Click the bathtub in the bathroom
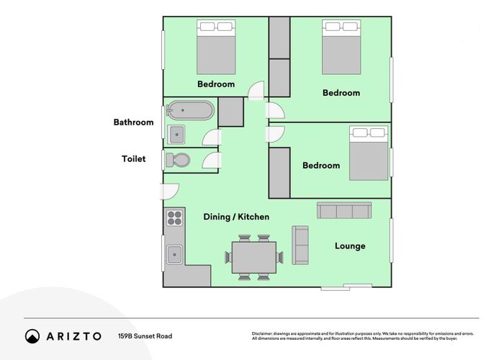click(190, 111)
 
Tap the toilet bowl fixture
click(178, 160)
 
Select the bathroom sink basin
click(176, 135)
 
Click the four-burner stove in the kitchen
click(174, 217)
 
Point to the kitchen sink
click(174, 255)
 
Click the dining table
click(254, 258)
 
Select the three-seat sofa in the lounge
click(344, 210)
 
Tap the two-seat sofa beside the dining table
click(300, 245)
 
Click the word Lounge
click(350, 246)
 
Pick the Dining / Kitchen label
click(236, 217)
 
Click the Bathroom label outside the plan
click(133, 122)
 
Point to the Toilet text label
click(133, 159)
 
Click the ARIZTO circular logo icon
click(32, 336)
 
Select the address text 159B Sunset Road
click(145, 336)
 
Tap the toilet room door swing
click(212, 161)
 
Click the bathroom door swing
click(212, 138)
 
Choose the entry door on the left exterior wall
click(169, 192)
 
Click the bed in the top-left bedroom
click(216, 47)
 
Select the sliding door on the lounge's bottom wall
click(346, 287)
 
